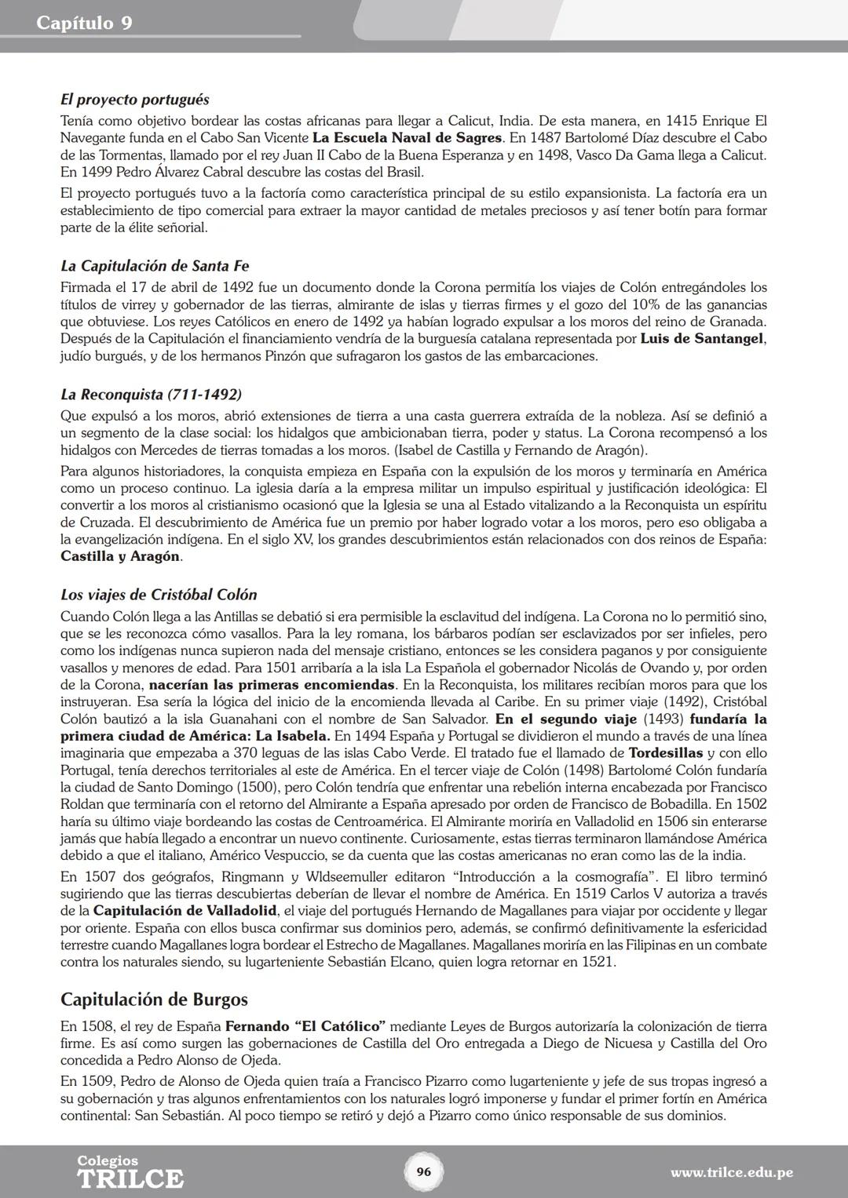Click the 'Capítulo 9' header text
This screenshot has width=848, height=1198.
coord(84,23)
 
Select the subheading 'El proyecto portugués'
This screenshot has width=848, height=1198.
coord(134,100)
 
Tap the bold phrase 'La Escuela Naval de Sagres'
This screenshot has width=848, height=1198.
coord(407,138)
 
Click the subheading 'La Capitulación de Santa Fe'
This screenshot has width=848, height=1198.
coord(155,266)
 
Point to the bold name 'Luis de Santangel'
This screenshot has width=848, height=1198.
coord(702,339)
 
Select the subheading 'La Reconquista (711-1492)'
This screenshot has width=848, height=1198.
coord(151,394)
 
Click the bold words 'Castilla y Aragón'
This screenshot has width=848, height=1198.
coord(120,556)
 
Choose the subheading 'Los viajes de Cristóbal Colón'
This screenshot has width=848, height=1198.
coord(159,595)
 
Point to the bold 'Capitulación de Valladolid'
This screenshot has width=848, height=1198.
coord(185,911)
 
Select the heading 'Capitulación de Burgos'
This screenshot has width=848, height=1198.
coord(154,1000)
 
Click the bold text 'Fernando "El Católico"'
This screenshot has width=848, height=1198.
coord(305,1026)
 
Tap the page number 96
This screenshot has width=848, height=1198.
coord(423,1172)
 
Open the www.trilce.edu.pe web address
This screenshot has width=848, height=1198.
coord(731,1173)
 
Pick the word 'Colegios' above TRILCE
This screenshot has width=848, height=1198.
coord(108,1160)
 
